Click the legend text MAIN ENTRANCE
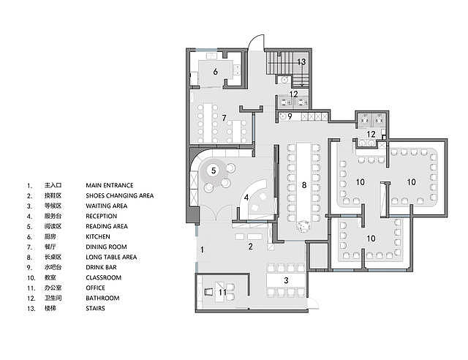coord(110,185)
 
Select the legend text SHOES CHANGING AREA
coord(120,195)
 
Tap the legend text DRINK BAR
coord(101,267)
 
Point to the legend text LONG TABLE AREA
coord(111,257)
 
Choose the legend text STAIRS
coord(95,308)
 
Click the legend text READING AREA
coord(107,226)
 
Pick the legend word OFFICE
coord(95,288)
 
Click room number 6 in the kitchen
coord(215,72)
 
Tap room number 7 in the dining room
coord(224,118)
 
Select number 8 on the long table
coord(304,185)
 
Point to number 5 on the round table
coord(214,170)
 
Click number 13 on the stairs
coord(301,62)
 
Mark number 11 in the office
coord(223,292)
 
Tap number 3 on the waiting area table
coord(286,280)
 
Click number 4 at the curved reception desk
coord(246,198)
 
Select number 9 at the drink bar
coord(290,116)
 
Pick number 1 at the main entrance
coord(202,250)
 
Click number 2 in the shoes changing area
coord(250,247)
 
